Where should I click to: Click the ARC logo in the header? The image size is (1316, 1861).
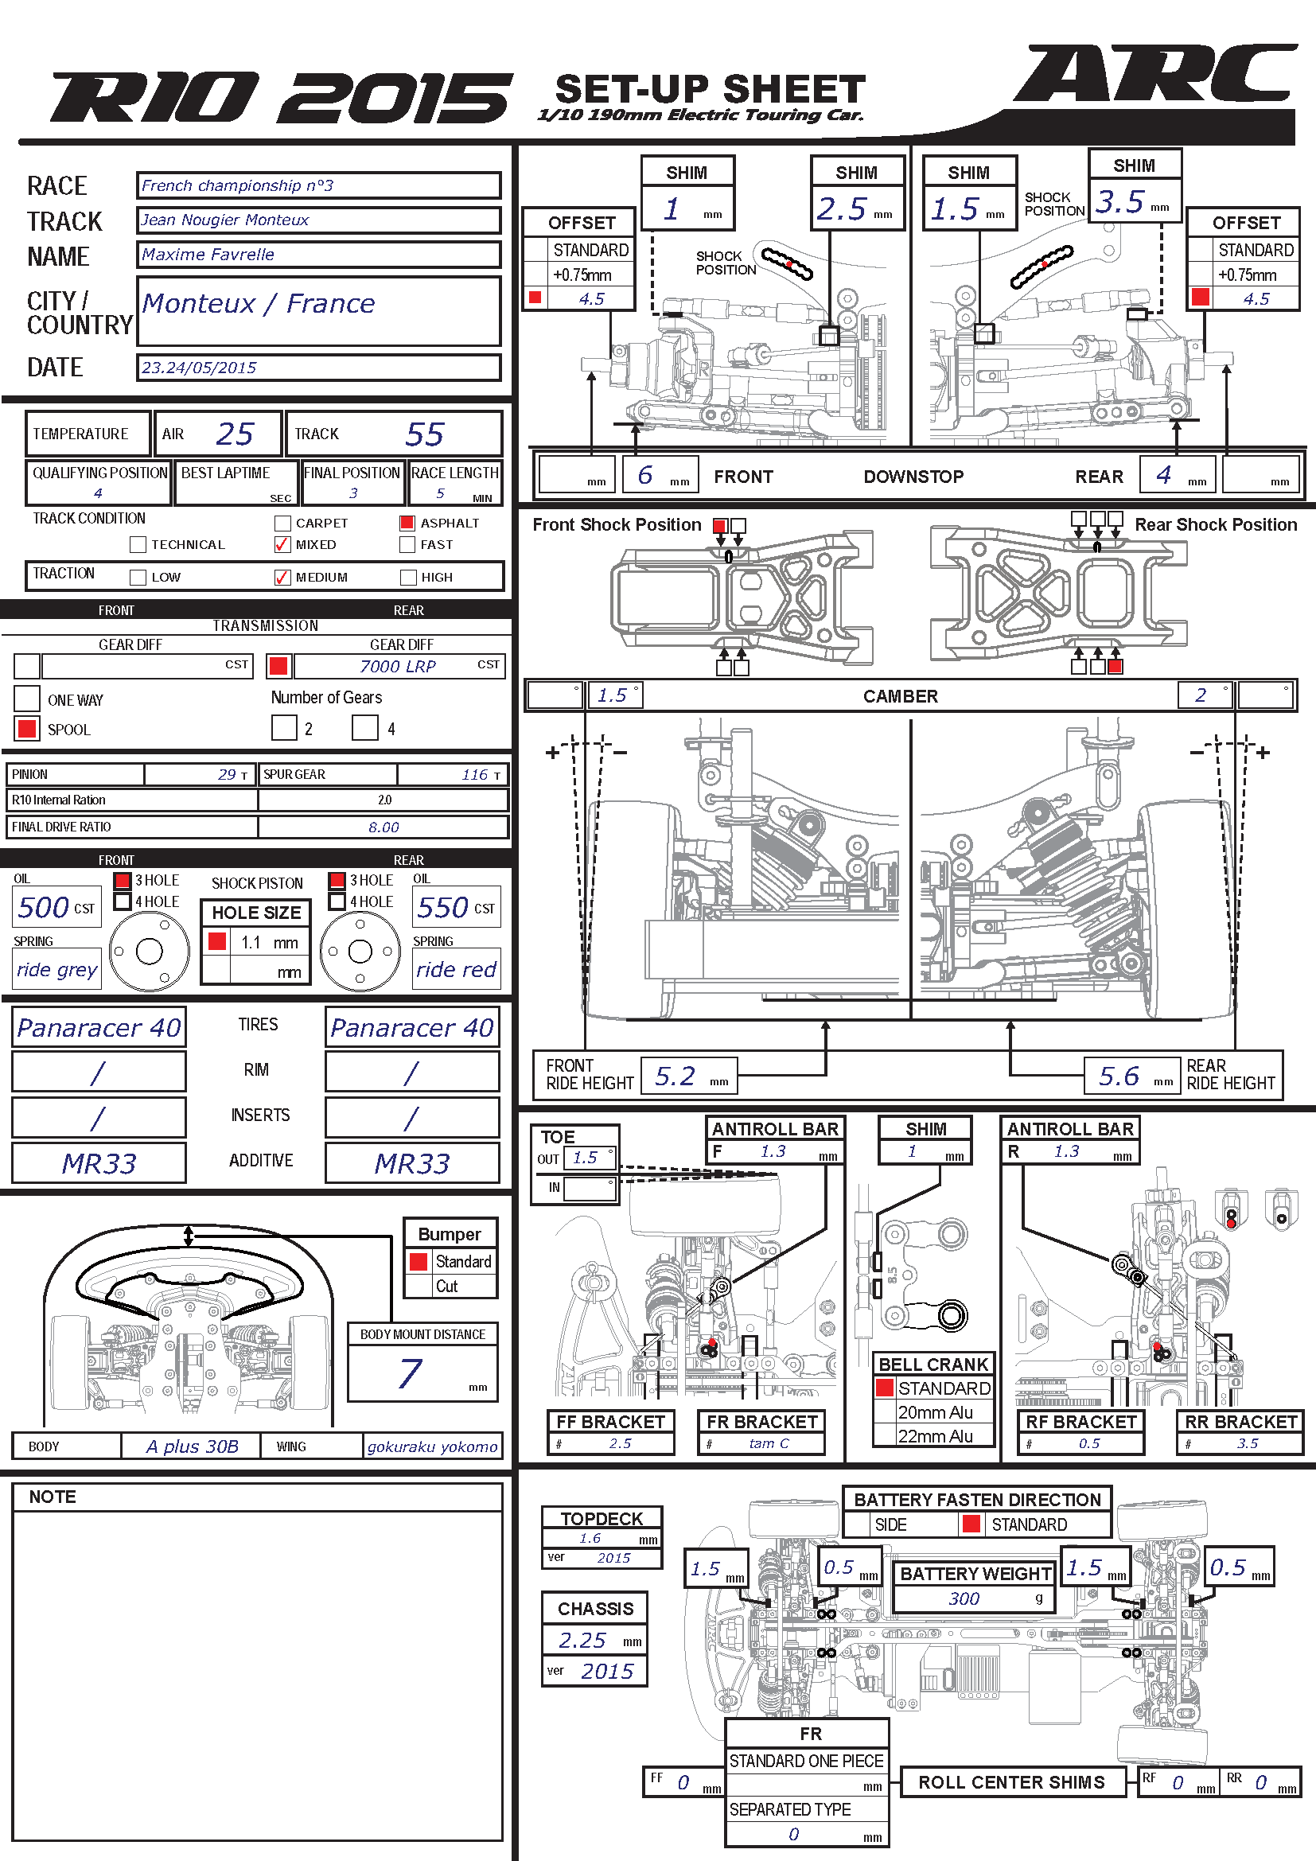pyautogui.click(x=1154, y=74)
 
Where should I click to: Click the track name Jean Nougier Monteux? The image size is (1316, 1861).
pyautogui.click(x=224, y=220)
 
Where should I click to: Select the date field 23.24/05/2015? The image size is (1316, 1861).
pyautogui.click(x=199, y=367)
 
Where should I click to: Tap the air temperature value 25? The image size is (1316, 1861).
pyautogui.click(x=235, y=434)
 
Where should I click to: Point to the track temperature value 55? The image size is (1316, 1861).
pyautogui.click(x=425, y=434)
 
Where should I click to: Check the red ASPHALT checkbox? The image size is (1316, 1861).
pyautogui.click(x=407, y=523)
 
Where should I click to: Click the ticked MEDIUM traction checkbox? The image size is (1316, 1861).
pyautogui.click(x=282, y=577)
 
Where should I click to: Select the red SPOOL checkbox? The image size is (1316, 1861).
pyautogui.click(x=27, y=728)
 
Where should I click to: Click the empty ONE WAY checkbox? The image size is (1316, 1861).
pyautogui.click(x=27, y=698)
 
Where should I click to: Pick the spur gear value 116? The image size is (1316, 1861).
pyautogui.click(x=475, y=774)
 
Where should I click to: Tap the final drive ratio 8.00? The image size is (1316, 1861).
pyautogui.click(x=384, y=827)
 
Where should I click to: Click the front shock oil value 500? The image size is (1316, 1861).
pyautogui.click(x=44, y=907)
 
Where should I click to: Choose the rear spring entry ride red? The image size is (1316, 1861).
pyautogui.click(x=456, y=969)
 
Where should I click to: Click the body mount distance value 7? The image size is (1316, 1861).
pyautogui.click(x=410, y=1373)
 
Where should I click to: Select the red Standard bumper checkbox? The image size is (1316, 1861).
pyautogui.click(x=419, y=1261)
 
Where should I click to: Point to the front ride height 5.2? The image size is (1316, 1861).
pyautogui.click(x=675, y=1076)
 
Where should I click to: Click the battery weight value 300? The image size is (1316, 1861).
pyautogui.click(x=964, y=1598)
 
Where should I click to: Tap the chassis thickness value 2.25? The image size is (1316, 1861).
pyautogui.click(x=582, y=1640)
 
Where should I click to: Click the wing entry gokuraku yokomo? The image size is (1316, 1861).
pyautogui.click(x=432, y=1446)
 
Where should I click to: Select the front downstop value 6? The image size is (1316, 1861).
pyautogui.click(x=645, y=475)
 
